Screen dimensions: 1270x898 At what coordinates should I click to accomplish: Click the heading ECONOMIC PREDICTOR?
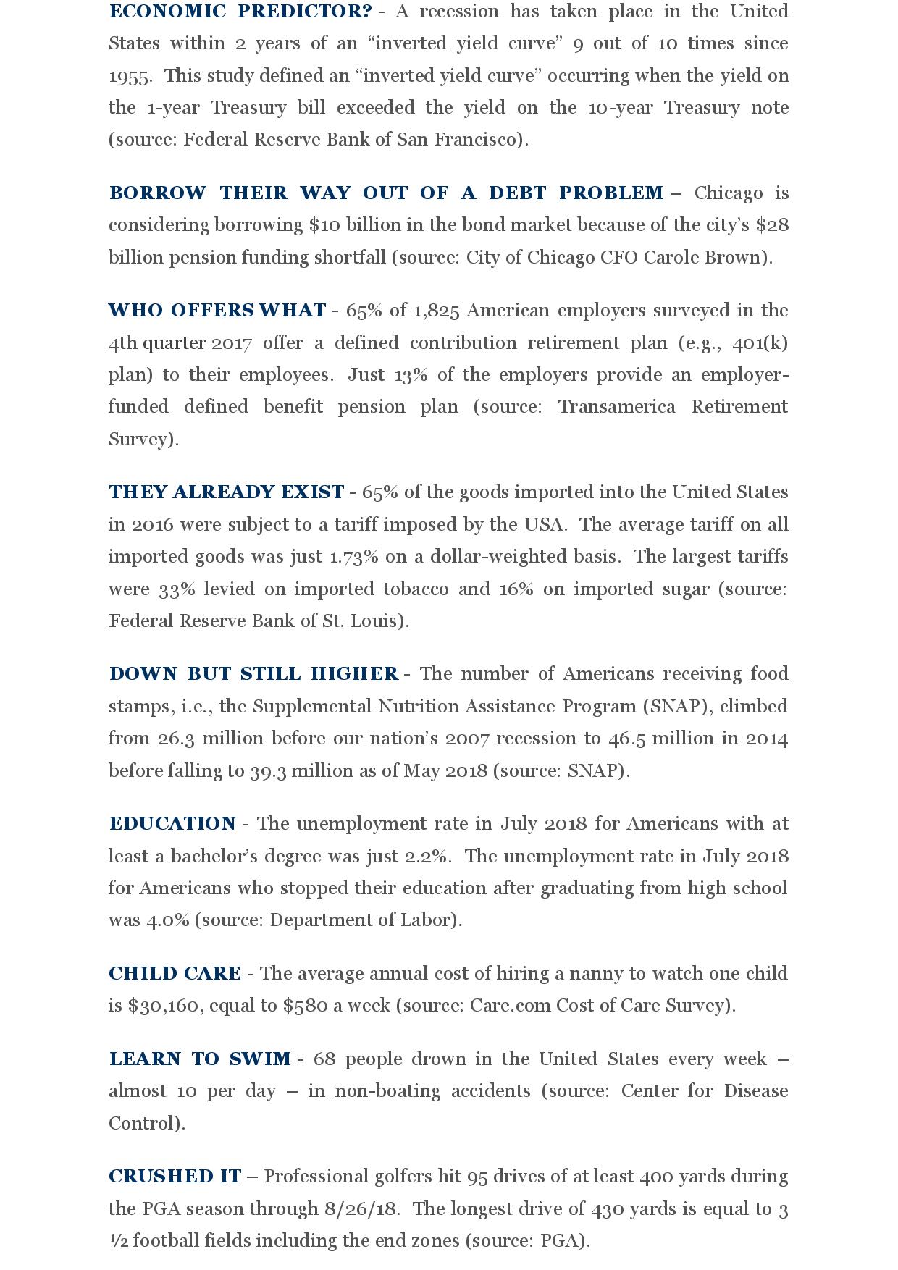(x=240, y=12)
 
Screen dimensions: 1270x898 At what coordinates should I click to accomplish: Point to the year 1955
(x=129, y=76)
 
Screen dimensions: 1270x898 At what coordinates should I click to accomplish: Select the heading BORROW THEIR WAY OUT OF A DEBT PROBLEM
(x=386, y=193)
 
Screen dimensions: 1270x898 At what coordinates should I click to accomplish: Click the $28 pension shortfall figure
(x=772, y=225)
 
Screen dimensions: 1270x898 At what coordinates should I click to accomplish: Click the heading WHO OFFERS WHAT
(x=217, y=311)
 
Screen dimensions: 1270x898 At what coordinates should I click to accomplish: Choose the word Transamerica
(x=616, y=407)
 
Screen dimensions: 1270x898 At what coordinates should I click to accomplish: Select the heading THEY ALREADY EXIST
(x=226, y=492)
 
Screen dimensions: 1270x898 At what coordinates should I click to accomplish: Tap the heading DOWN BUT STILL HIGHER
(x=253, y=674)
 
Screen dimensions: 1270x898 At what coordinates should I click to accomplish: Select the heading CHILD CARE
(x=175, y=974)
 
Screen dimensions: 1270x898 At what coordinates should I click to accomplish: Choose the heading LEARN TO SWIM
(x=200, y=1059)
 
